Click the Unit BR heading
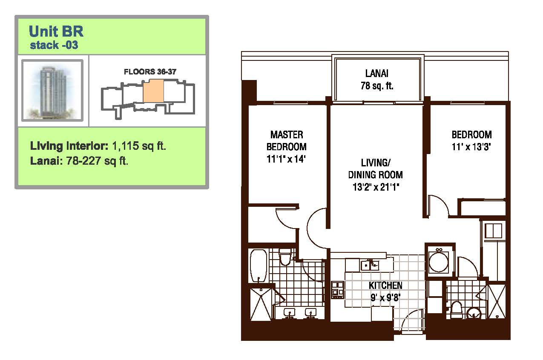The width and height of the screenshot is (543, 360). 56,31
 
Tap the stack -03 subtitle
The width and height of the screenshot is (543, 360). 54,45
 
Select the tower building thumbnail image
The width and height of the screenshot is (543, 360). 52,90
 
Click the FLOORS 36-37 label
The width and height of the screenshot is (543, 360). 150,71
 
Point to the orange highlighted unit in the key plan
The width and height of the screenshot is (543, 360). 153,91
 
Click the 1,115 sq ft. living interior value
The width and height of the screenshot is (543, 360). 139,146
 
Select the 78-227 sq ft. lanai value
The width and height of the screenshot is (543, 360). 97,160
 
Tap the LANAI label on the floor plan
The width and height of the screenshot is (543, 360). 377,74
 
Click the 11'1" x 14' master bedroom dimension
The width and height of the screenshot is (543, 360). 286,159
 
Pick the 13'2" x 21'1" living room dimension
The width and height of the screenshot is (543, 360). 376,187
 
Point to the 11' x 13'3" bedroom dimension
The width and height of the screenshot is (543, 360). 471,147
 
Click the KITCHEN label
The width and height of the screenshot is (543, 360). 385,286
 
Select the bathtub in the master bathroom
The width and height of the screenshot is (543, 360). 259,266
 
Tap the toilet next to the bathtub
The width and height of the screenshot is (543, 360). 285,257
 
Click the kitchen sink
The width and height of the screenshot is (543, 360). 370,265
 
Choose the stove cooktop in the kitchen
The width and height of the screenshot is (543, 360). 337,290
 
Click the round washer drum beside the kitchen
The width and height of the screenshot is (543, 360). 439,262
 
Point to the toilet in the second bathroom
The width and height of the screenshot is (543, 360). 457,309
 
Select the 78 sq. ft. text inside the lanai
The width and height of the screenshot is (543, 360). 377,86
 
